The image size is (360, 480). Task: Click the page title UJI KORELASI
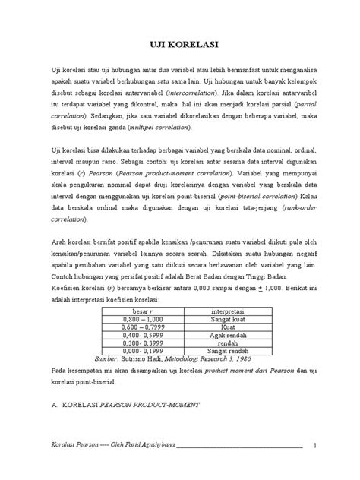[180, 46]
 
